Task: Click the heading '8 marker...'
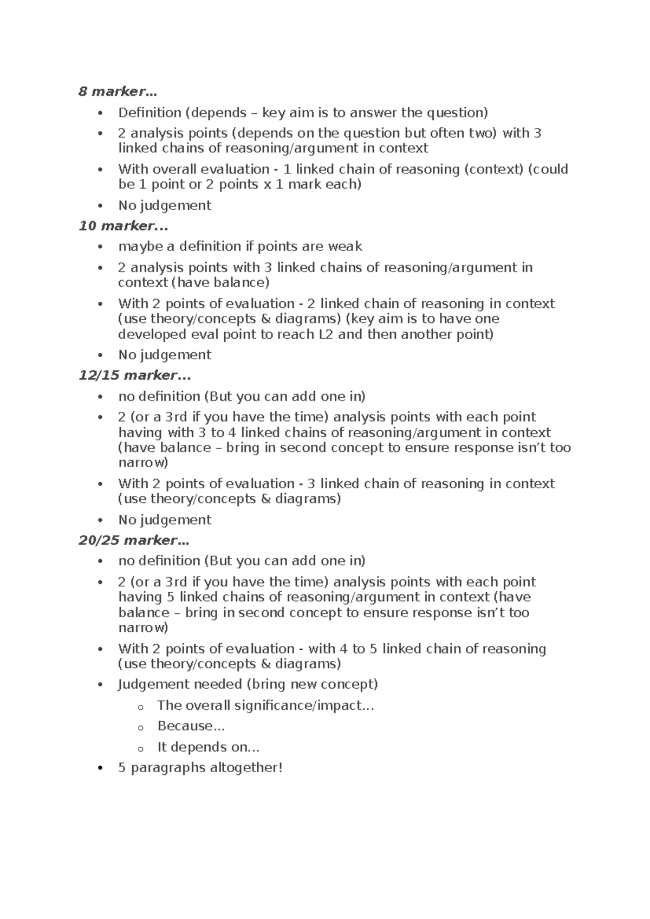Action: point(120,92)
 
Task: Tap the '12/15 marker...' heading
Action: point(135,375)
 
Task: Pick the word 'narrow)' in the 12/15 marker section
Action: point(143,463)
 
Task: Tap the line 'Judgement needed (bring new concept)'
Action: point(248,684)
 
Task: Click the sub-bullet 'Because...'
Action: point(191,726)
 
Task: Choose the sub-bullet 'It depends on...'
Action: point(208,747)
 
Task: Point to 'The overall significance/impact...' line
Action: point(265,706)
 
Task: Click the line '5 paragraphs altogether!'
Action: point(200,768)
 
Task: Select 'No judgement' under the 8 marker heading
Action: point(165,205)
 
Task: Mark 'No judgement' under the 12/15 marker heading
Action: point(165,520)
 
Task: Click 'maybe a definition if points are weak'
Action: point(240,247)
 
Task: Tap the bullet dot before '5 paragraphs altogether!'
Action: point(100,768)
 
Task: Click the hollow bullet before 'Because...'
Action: point(141,727)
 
